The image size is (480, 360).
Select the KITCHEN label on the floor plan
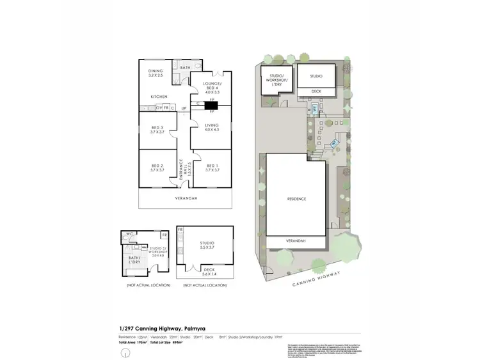click(x=159, y=97)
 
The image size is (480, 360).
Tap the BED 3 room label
click(x=157, y=130)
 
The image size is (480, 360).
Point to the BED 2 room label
click(x=157, y=168)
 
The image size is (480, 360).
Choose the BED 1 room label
click(x=212, y=168)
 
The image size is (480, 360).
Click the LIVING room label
click(x=212, y=127)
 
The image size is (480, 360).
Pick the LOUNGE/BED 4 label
click(x=212, y=88)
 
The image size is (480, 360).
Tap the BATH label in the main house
click(x=185, y=68)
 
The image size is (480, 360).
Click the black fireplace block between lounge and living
click(x=211, y=107)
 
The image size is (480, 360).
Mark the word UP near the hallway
click(x=184, y=107)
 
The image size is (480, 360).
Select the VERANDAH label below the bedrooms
click(x=186, y=199)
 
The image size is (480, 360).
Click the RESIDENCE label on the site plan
click(x=296, y=199)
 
